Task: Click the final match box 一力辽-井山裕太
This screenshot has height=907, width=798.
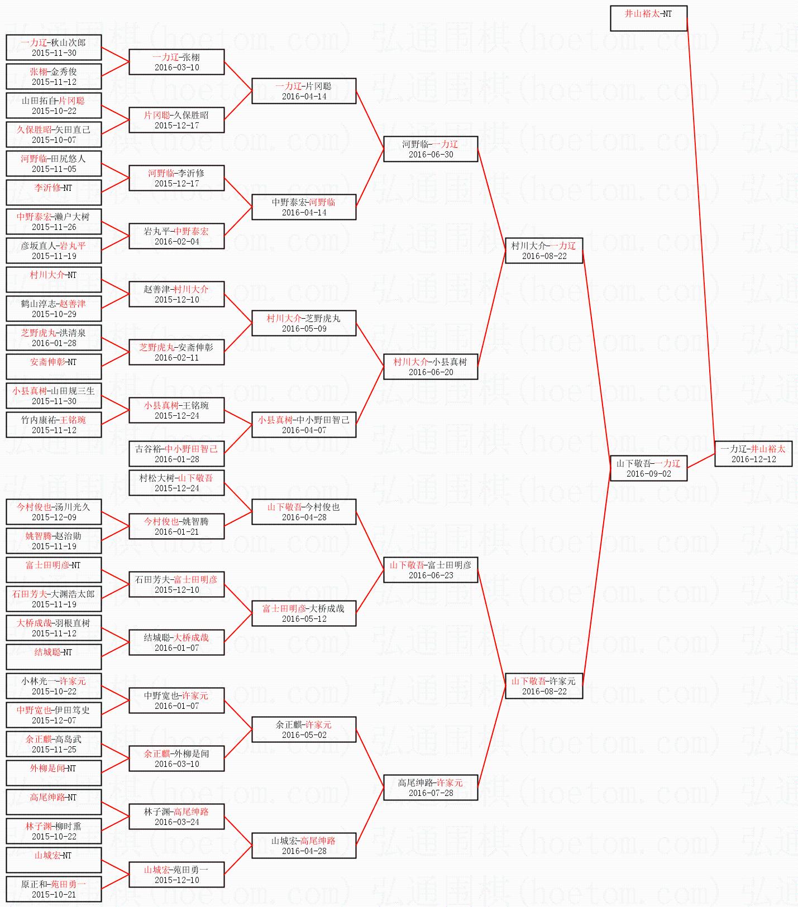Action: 753,454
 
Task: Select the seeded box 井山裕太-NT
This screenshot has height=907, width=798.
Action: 648,18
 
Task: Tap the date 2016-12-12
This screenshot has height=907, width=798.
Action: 754,459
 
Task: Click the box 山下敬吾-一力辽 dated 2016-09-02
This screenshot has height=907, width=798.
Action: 648,468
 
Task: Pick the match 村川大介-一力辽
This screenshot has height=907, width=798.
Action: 544,251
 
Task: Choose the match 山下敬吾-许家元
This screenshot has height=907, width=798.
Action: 544,686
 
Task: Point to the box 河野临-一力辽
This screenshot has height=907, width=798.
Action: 431,149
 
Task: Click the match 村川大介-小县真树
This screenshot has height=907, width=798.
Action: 431,367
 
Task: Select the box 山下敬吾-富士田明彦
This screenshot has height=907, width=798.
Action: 431,570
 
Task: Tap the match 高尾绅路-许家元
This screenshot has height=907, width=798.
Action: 431,788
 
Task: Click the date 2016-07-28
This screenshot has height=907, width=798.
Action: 431,793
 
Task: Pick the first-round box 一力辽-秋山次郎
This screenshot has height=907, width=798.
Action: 54,47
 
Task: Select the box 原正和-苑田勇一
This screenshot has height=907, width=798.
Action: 54,889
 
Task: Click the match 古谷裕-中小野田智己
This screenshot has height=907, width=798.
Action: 176,454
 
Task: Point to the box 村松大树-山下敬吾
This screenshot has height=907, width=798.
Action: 176,483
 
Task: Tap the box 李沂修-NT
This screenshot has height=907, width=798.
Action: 54,193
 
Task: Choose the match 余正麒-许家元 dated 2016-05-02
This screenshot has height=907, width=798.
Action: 304,730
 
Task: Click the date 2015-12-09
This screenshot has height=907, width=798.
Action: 54,517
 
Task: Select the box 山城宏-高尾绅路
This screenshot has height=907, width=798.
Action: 304,846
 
